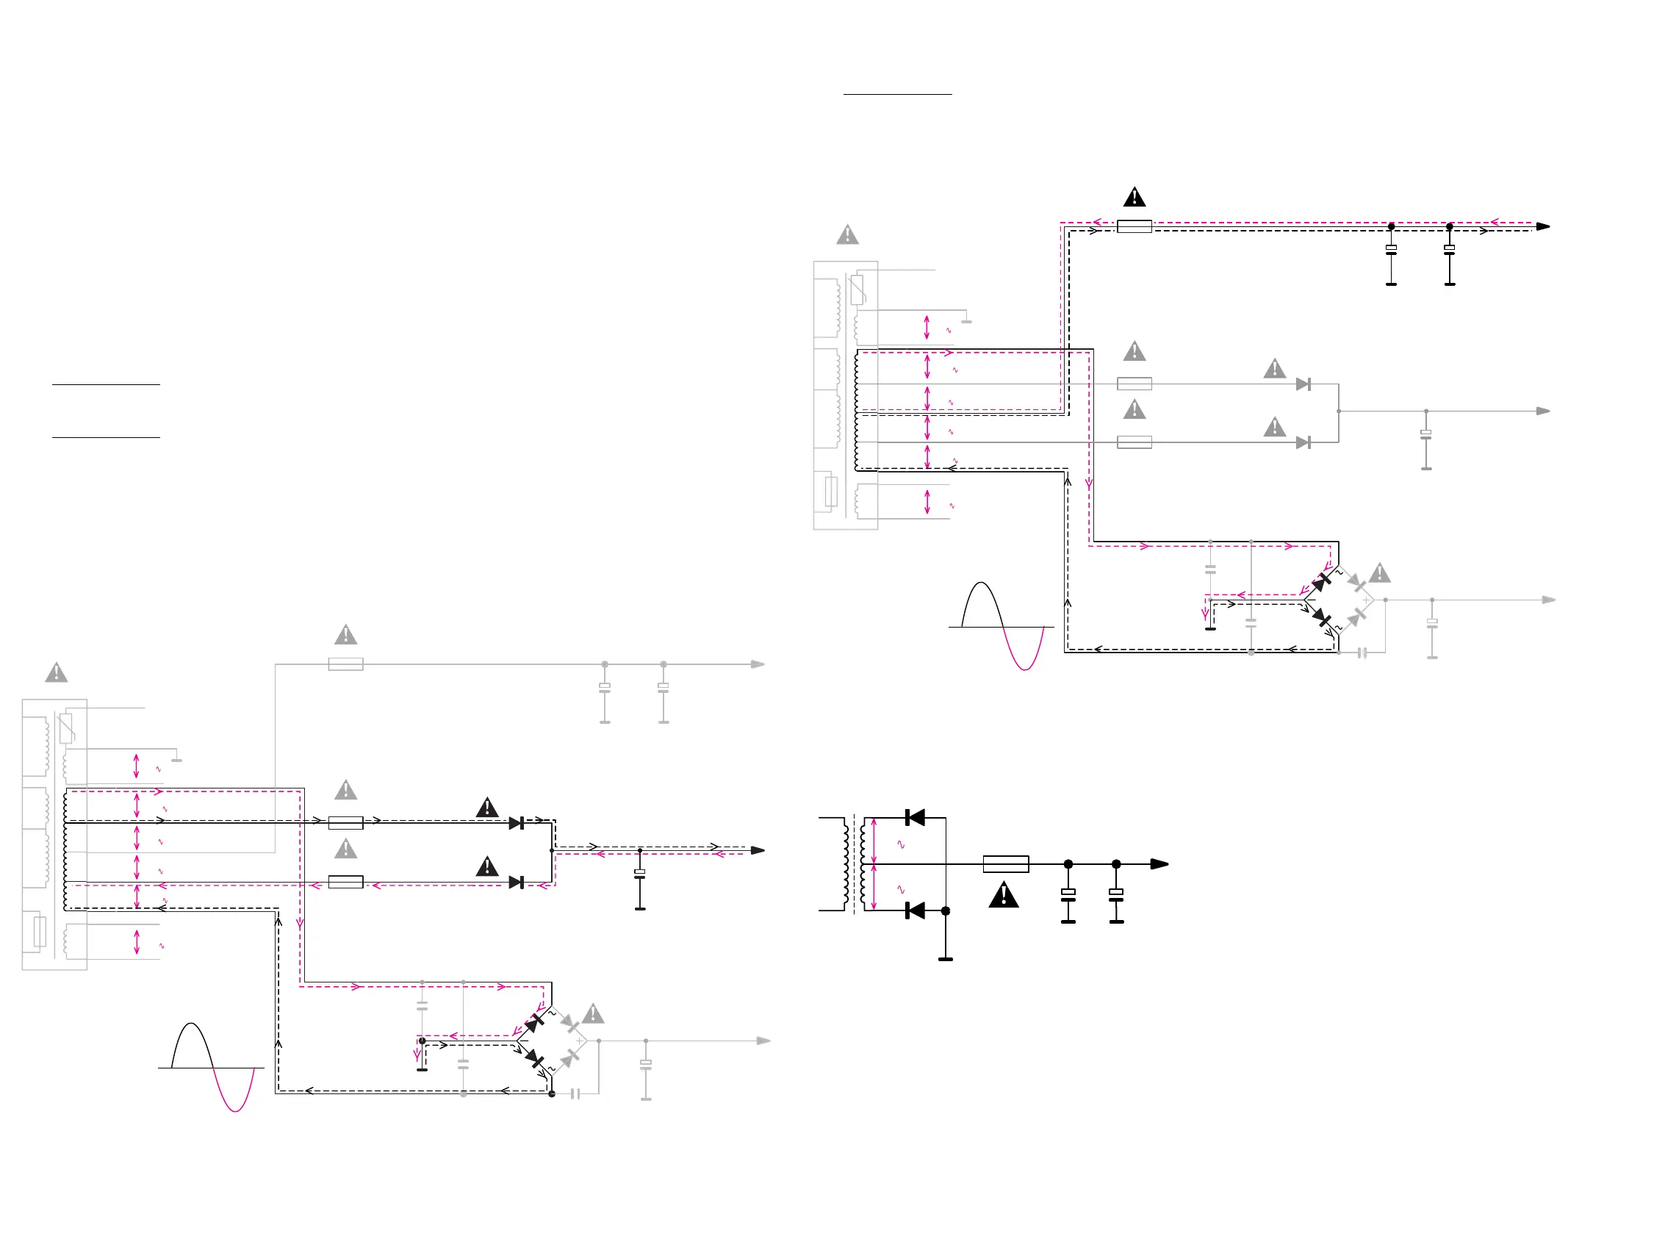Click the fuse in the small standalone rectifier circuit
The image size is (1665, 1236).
tap(1005, 864)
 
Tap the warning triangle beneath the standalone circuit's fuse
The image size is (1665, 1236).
tap(1004, 896)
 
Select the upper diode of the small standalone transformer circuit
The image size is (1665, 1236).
tap(915, 818)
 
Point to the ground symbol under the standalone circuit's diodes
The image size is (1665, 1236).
tap(946, 958)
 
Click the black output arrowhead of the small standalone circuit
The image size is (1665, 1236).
tap(1159, 864)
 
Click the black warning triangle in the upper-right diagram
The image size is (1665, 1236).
tap(1134, 198)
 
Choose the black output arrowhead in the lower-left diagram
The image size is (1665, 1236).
tap(758, 851)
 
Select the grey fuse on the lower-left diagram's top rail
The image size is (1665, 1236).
tap(345, 664)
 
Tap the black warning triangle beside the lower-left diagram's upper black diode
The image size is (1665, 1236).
tap(487, 808)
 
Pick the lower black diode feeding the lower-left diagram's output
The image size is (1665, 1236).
tap(516, 883)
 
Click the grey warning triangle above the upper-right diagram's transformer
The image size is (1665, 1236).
tap(847, 236)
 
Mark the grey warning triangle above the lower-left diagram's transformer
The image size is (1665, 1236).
tap(56, 673)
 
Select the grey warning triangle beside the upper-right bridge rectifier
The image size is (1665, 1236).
tap(1380, 574)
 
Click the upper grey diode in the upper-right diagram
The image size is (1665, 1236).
tap(1303, 384)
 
